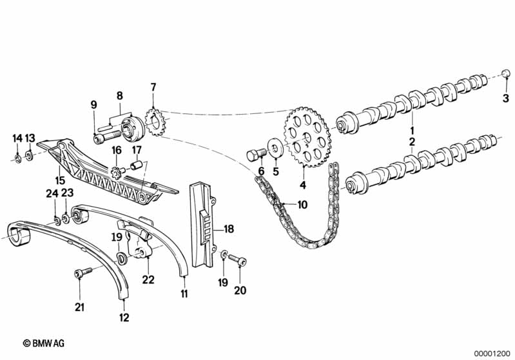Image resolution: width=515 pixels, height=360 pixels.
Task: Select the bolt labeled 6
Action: click(x=255, y=155)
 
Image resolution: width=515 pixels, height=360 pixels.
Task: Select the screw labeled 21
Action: click(x=79, y=276)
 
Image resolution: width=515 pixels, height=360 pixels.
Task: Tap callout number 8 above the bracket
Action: click(x=119, y=95)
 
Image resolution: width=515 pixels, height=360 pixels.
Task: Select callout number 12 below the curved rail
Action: click(x=124, y=317)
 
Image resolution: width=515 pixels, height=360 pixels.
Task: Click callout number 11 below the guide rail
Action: click(x=184, y=294)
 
